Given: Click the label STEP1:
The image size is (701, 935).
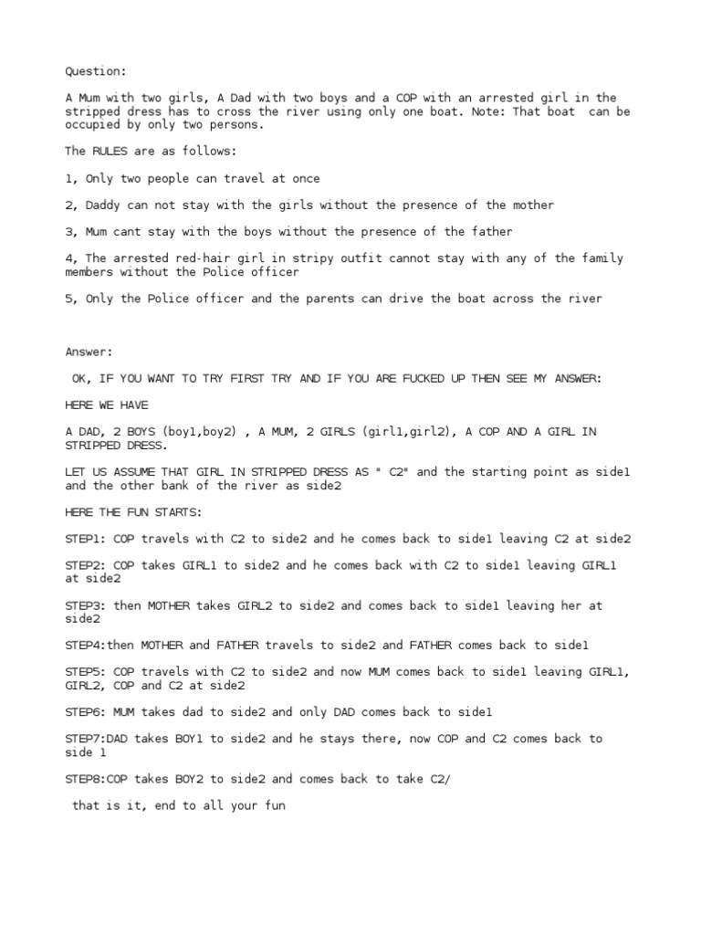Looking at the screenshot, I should tap(86, 539).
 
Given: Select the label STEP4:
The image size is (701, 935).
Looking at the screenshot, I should tap(86, 645).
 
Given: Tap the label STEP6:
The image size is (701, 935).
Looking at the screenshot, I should tap(86, 711).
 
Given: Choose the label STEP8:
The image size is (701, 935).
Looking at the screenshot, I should tap(86, 779).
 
